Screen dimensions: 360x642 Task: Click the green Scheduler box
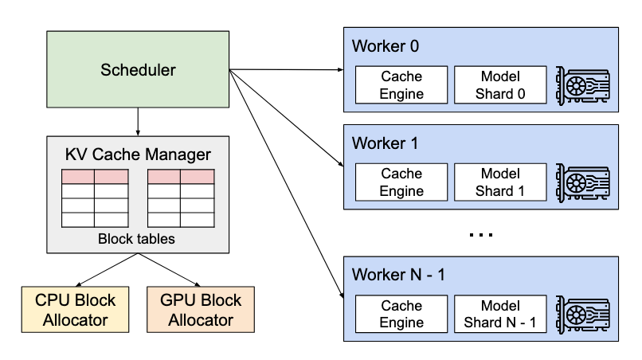pos(139,69)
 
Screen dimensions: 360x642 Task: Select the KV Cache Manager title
pos(139,155)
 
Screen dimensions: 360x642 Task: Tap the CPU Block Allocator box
pos(76,310)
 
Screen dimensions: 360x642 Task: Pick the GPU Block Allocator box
pos(201,310)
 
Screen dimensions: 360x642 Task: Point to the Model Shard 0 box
pos(500,84)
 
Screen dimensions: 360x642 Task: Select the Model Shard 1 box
pos(500,182)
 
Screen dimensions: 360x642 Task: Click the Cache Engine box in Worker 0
pos(401,84)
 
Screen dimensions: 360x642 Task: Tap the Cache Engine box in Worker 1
pos(401,182)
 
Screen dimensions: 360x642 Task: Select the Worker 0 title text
pos(385,46)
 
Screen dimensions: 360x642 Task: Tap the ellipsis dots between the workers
pos(481,235)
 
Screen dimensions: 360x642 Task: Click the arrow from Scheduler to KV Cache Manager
pos(139,120)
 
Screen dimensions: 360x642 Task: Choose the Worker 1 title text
pos(385,144)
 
